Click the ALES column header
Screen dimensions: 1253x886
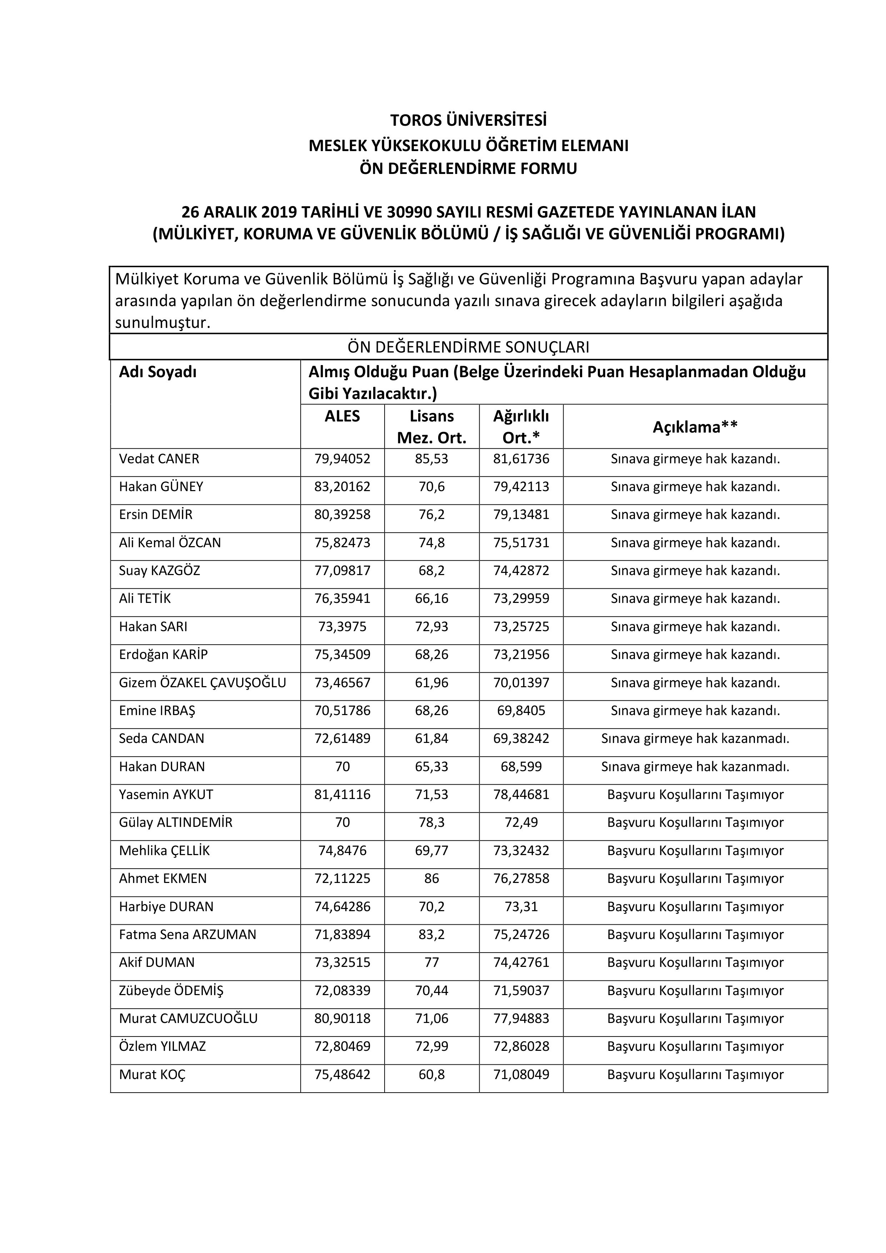tap(342, 416)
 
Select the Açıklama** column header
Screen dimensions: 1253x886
tap(695, 427)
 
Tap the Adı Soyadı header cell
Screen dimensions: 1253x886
tap(158, 372)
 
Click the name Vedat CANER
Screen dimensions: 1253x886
tap(159, 459)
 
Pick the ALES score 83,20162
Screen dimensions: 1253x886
tap(342, 487)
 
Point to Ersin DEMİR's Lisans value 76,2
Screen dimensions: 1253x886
tap(431, 515)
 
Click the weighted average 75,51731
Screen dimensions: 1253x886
tap(521, 543)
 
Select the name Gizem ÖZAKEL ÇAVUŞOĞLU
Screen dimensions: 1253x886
tap(202, 683)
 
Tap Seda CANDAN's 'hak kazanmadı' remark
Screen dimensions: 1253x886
tap(695, 739)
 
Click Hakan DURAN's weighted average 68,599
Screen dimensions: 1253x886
tap(521, 767)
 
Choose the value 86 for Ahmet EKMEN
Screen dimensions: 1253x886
tap(431, 879)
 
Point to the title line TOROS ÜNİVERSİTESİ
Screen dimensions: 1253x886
tap(468, 120)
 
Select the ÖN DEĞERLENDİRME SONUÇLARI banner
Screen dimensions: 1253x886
tap(468, 347)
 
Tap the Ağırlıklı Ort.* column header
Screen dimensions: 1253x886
tap(521, 427)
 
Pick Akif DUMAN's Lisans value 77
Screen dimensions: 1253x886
tap(431, 963)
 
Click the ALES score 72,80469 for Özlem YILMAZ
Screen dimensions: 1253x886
tap(342, 1046)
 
